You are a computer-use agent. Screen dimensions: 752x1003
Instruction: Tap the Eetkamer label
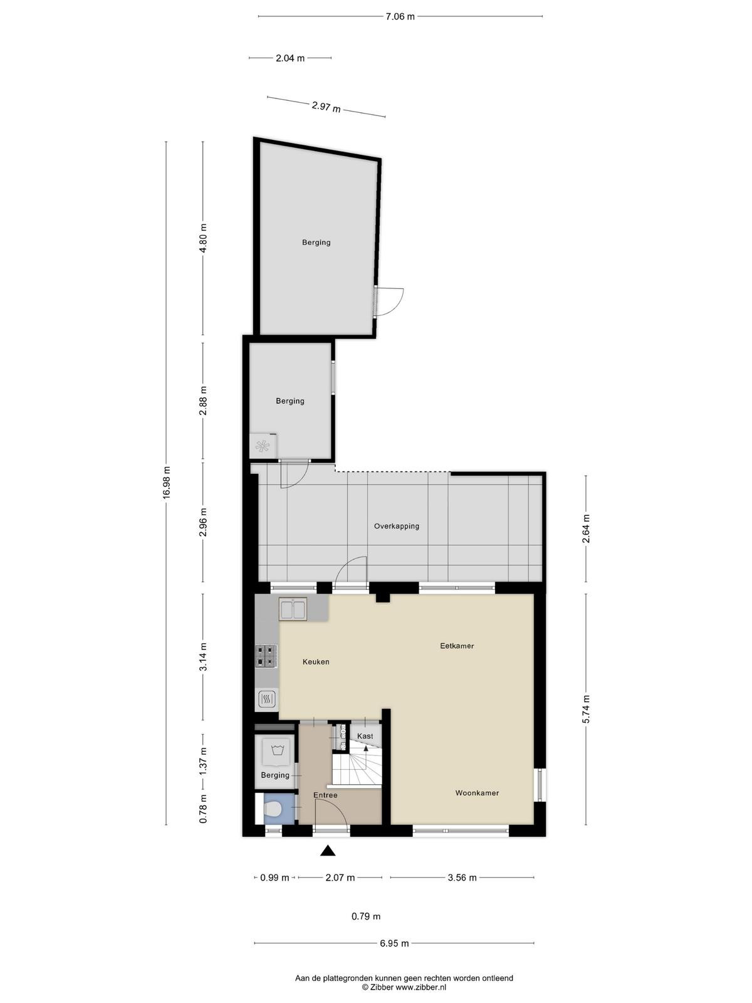coord(457,646)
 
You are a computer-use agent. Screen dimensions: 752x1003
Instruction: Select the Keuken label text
coord(315,661)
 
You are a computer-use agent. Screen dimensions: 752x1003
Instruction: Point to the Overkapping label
coord(396,527)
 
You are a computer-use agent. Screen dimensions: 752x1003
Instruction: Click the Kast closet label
coord(365,736)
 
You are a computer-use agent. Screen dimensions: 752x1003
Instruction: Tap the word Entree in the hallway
coord(325,795)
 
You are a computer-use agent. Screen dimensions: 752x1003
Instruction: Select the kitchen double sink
coord(293,609)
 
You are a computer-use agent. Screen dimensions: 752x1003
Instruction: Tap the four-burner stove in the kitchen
coord(266,656)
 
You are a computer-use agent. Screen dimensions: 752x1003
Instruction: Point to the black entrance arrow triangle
coord(327,851)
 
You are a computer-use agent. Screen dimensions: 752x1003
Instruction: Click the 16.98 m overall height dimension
coord(166,483)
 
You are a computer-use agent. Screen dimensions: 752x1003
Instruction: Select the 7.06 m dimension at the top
coord(400,17)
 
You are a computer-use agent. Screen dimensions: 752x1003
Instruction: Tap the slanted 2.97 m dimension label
coord(326,107)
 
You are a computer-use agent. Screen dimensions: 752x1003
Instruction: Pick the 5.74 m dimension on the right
coord(587,708)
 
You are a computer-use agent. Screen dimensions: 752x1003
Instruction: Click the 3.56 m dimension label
coord(462,878)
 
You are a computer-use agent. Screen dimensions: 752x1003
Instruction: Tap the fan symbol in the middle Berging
coord(263,446)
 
